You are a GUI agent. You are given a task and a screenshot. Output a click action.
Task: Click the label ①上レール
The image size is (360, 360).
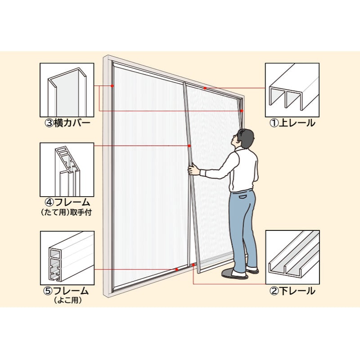292,123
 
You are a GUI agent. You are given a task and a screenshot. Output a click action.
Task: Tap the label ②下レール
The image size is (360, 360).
292,291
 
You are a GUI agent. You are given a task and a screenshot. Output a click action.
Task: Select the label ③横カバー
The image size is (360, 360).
67,123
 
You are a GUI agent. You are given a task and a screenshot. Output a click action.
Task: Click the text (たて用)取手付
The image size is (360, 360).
66,212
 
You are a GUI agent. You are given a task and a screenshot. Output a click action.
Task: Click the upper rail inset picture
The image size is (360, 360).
292,90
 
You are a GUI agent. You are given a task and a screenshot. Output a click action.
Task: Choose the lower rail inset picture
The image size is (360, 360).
292,257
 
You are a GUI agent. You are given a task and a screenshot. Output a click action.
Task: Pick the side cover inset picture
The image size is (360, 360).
67,90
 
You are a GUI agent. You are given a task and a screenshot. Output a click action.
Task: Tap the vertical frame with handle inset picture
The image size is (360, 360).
67,170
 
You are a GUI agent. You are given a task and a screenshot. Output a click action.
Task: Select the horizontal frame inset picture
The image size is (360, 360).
67,258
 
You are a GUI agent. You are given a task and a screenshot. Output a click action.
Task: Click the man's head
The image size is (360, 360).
244,138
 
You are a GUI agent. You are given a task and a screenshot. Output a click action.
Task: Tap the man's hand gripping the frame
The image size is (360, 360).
194,170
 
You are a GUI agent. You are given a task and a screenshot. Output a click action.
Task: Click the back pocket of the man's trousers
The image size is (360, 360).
243,197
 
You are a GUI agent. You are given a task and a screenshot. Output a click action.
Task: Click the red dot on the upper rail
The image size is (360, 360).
205,88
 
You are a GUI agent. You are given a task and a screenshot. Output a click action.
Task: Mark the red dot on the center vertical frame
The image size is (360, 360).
189,145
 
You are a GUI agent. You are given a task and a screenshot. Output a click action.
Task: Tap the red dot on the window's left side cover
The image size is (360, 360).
112,86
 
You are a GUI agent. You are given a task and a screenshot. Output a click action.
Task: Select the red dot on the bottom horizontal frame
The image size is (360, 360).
176,269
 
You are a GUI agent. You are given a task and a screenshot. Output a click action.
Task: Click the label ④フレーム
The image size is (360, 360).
67,202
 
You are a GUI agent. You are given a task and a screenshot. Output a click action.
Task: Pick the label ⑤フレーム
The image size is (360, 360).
66,291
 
